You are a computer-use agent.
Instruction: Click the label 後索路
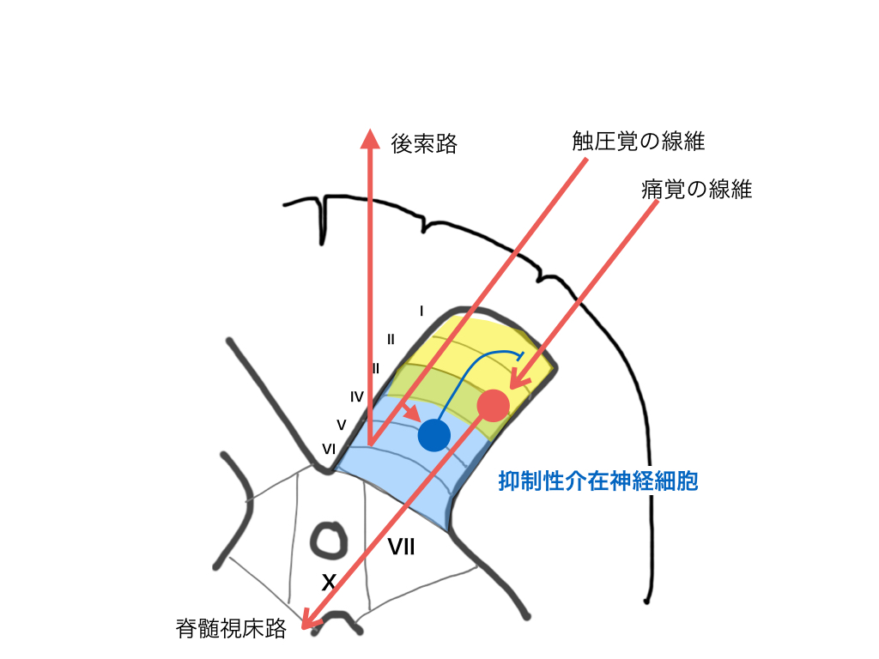pyautogui.click(x=425, y=143)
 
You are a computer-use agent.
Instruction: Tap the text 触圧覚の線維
pyautogui.click(x=639, y=142)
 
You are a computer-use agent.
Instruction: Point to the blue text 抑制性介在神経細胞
pyautogui.click(x=598, y=482)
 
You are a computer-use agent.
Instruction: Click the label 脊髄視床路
pyautogui.click(x=230, y=630)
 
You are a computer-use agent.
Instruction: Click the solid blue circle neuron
pyautogui.click(x=434, y=435)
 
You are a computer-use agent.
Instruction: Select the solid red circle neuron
pyautogui.click(x=493, y=405)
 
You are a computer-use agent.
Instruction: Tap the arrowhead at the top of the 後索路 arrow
pyautogui.click(x=370, y=139)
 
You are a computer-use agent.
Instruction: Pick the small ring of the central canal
pyautogui.click(x=327, y=540)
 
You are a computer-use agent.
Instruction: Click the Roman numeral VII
pyautogui.click(x=401, y=546)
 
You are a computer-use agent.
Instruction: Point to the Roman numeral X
pyautogui.click(x=328, y=583)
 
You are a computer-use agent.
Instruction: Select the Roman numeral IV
pyautogui.click(x=357, y=396)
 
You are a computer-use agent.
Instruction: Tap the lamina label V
pyautogui.click(x=341, y=425)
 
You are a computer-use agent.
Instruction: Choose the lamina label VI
pyautogui.click(x=329, y=448)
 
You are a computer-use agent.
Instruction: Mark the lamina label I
pyautogui.click(x=421, y=310)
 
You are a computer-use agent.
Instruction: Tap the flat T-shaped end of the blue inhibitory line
pyautogui.click(x=520, y=354)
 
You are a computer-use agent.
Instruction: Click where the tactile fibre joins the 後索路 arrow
pyautogui.click(x=371, y=443)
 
